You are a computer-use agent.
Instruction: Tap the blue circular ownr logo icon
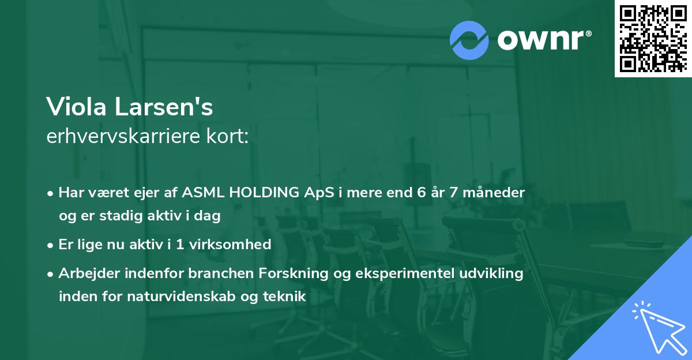tap(469, 40)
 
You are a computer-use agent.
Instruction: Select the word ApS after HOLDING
tap(318, 193)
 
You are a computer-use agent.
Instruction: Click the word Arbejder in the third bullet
tap(85, 273)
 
